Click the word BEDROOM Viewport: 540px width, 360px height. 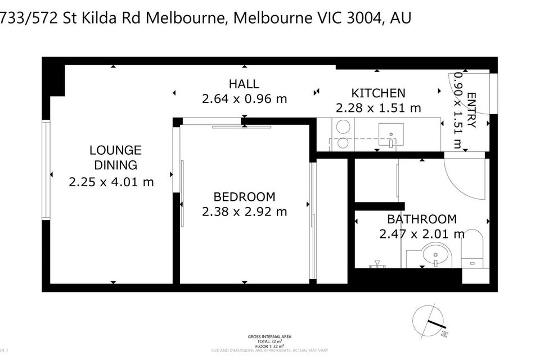(x=244, y=197)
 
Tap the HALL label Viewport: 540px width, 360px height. (x=244, y=84)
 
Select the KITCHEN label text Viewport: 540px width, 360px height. (x=378, y=93)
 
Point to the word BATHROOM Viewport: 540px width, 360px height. (x=421, y=219)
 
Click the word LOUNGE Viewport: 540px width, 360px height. (x=115, y=151)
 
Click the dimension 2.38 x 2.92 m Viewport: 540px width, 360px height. (x=244, y=211)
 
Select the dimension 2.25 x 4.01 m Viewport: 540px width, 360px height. (x=111, y=182)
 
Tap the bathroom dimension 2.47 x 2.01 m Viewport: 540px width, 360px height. (x=422, y=233)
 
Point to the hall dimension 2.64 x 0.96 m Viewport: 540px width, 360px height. (x=244, y=99)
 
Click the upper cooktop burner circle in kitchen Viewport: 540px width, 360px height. (x=341, y=128)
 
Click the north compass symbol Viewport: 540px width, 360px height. (x=430, y=322)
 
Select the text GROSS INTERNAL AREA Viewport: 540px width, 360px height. (x=269, y=337)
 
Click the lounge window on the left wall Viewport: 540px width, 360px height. (x=46, y=170)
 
